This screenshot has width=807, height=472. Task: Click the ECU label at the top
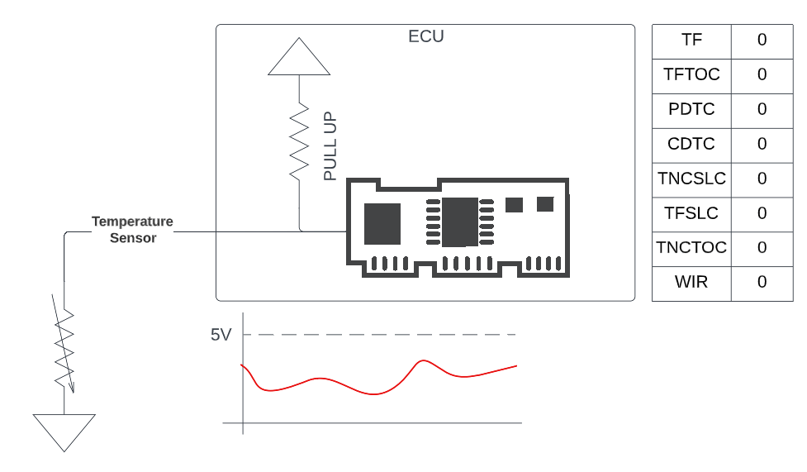pyautogui.click(x=426, y=36)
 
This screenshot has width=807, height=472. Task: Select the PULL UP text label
pyautogui.click(x=330, y=147)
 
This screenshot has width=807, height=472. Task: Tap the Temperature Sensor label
pyautogui.click(x=132, y=229)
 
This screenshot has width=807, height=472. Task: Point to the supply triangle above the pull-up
pyautogui.click(x=299, y=58)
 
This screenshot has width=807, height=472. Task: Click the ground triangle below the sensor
pyautogui.click(x=64, y=432)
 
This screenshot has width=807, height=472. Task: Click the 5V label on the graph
pyautogui.click(x=221, y=335)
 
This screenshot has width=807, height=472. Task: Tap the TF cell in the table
pyautogui.click(x=691, y=40)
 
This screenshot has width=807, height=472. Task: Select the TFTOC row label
pyautogui.click(x=691, y=74)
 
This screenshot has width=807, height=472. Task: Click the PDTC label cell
pyautogui.click(x=691, y=109)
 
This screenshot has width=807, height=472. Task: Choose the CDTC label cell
pyautogui.click(x=691, y=144)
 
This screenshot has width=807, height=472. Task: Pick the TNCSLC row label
pyautogui.click(x=691, y=179)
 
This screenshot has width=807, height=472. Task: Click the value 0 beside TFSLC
pyautogui.click(x=762, y=213)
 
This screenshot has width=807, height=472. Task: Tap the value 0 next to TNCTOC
pyautogui.click(x=762, y=247)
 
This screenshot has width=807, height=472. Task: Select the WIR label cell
pyautogui.click(x=691, y=282)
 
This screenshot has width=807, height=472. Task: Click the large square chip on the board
pyautogui.click(x=382, y=223)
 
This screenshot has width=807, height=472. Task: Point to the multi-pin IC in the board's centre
pyautogui.click(x=459, y=222)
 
